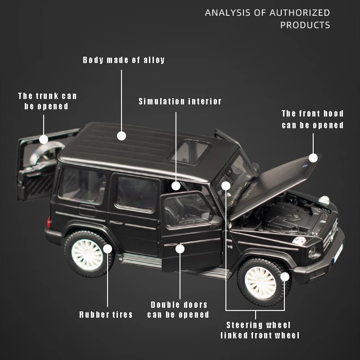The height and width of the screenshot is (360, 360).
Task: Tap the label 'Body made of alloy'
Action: tap(124, 60)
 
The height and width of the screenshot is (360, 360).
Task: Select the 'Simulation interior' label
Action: tap(180, 102)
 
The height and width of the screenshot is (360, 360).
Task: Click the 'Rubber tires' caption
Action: tap(106, 315)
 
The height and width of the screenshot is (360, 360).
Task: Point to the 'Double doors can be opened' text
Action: tap(179, 310)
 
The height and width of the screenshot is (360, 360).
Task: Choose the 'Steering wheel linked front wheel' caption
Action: tap(260, 330)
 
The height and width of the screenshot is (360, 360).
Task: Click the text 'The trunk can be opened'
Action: tap(47, 101)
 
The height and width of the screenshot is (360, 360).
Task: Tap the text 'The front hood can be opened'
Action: tap(312, 119)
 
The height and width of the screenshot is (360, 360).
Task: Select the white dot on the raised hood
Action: tap(313, 157)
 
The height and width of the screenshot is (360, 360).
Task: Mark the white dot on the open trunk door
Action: tap(44, 139)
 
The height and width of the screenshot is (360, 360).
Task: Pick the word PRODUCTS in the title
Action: tap(305, 25)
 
